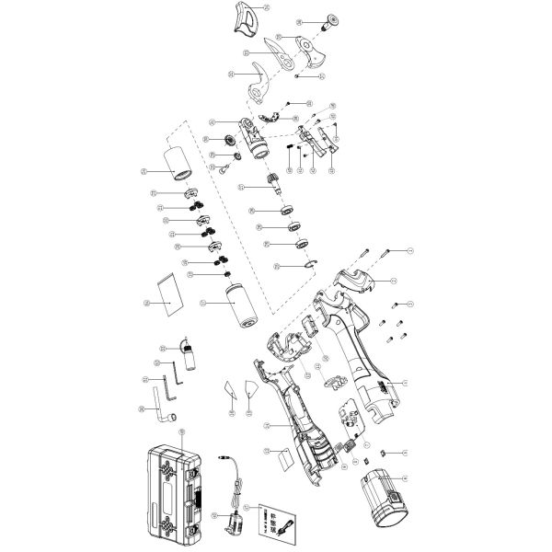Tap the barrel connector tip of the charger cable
224,455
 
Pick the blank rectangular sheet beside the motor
167,291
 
